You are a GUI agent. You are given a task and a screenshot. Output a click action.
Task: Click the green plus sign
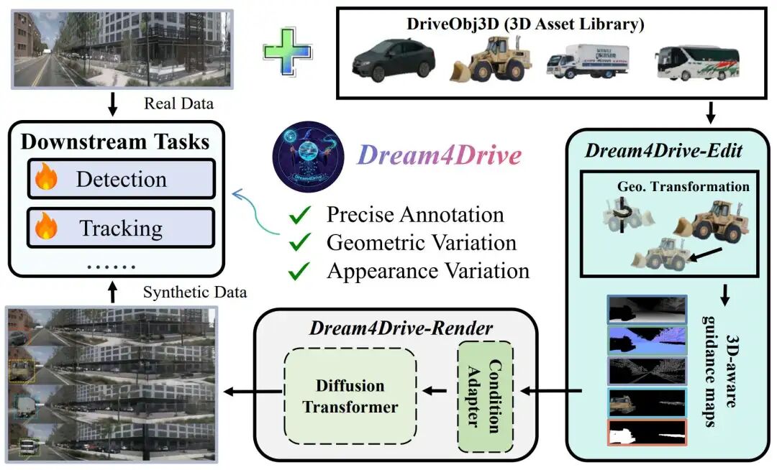click(287, 52)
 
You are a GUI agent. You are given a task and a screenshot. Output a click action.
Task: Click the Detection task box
click(121, 178)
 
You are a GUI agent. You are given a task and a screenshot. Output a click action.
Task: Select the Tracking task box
click(121, 228)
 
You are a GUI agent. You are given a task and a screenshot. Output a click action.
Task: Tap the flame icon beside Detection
click(47, 178)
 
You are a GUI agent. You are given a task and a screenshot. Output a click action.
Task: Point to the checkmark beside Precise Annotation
click(300, 215)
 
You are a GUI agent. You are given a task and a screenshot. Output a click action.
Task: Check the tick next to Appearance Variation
click(300, 272)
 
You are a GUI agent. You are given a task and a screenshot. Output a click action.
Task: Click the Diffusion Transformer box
click(350, 396)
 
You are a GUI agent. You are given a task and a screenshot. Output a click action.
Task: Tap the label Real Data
click(178, 103)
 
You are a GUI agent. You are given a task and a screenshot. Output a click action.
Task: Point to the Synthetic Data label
click(194, 292)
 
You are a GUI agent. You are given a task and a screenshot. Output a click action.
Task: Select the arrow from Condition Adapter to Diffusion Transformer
click(435, 392)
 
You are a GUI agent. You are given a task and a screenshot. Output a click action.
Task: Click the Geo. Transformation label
click(683, 187)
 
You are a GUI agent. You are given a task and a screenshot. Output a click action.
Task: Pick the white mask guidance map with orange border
click(647, 433)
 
